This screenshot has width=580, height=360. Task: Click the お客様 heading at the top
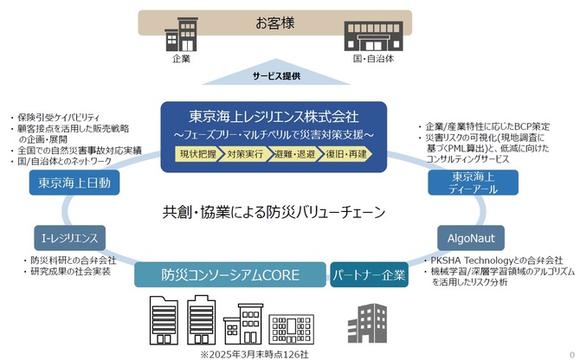click(274, 22)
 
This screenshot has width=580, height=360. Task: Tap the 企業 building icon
click(181, 34)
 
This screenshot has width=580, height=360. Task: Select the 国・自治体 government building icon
click(373, 35)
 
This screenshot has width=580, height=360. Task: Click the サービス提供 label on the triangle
click(276, 76)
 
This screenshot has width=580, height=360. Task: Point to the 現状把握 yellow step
click(198, 154)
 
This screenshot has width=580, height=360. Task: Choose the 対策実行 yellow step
click(245, 154)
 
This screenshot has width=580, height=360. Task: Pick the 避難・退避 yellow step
click(295, 154)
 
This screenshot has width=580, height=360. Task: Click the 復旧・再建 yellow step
click(346, 154)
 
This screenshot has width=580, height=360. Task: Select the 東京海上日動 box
click(74, 183)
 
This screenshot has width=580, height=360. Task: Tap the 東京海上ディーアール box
click(474, 183)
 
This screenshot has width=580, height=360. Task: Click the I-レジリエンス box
click(69, 238)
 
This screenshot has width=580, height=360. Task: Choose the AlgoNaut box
click(471, 238)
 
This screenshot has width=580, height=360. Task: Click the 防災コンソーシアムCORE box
click(230, 274)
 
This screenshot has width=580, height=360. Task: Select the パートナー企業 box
click(369, 274)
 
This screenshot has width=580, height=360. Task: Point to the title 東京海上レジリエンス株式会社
click(274, 117)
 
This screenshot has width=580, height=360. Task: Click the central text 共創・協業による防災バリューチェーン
click(274, 212)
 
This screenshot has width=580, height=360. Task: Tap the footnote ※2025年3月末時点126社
click(255, 355)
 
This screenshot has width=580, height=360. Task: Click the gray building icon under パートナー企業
click(367, 324)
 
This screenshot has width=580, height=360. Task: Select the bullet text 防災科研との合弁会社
click(74, 260)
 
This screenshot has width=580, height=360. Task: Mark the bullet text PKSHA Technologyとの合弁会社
click(496, 260)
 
